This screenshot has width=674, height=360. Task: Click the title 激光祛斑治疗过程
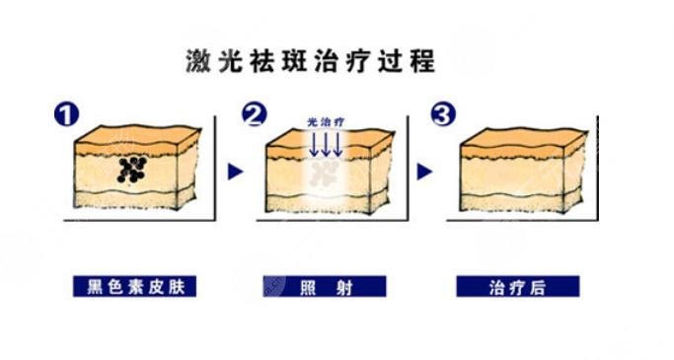[310, 62]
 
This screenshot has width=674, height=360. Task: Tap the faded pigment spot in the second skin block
[323, 174]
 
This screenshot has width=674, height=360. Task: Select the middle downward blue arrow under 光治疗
[325, 145]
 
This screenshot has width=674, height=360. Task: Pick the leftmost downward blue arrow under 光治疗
[313, 145]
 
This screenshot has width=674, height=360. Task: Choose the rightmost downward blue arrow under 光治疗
[337, 145]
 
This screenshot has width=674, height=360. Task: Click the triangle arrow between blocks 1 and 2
[235, 172]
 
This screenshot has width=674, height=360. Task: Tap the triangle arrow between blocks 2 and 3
[425, 172]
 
